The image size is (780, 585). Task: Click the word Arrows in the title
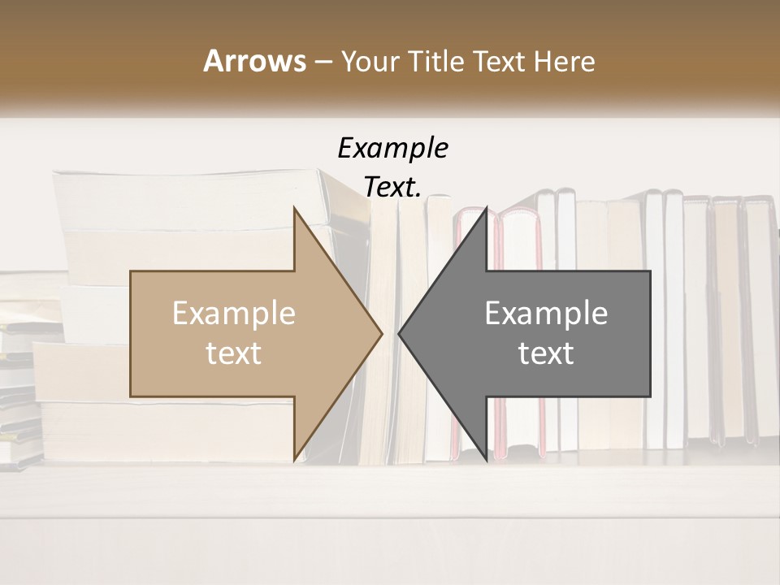(x=254, y=61)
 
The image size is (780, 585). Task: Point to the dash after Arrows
(x=323, y=62)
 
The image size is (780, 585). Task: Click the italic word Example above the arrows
(x=392, y=148)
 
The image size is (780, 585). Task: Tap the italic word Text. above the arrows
(x=392, y=187)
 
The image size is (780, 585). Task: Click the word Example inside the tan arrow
(x=234, y=314)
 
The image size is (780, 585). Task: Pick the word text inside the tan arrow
(x=234, y=353)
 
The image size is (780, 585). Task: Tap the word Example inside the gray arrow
(x=546, y=314)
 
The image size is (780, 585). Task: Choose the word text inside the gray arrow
(x=546, y=353)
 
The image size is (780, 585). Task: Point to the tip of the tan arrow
(x=380, y=333)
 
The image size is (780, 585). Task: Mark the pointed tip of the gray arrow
(x=400, y=333)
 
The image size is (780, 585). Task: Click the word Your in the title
(x=369, y=61)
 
